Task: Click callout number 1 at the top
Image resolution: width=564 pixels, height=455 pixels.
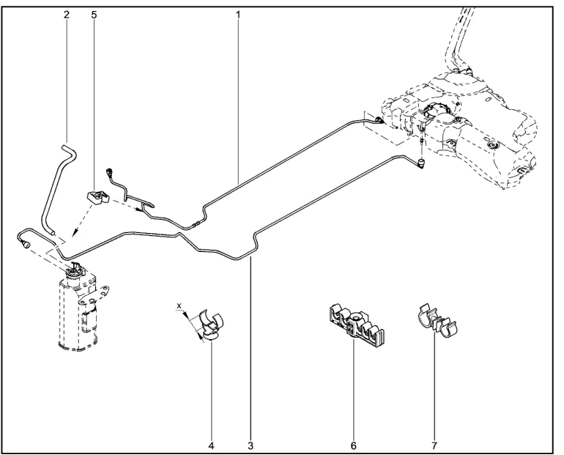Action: pos(238,15)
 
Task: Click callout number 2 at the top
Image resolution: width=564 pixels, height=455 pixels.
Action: pos(67,15)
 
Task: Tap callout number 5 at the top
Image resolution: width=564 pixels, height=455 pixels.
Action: pos(94,15)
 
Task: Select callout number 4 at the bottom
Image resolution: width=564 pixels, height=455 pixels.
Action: pos(211,445)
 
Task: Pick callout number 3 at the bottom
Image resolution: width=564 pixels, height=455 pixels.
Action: pos(251,445)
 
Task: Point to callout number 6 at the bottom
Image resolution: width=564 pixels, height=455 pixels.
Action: pos(353,445)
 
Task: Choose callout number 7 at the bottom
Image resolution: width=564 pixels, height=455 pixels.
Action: pos(434,445)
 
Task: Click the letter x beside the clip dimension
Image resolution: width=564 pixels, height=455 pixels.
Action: pos(179,306)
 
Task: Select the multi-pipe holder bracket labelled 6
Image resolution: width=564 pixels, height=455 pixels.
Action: pos(356,325)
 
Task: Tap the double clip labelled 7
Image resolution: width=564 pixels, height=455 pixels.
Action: pos(437,321)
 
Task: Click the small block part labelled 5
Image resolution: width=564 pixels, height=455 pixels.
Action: pos(97,198)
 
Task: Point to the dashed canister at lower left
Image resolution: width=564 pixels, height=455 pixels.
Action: pos(79,309)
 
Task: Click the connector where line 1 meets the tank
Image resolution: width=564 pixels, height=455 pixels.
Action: pos(379,120)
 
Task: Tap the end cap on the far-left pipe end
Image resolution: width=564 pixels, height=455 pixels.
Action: pos(26,245)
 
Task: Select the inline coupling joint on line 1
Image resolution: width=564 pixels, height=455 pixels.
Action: pos(196,223)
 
